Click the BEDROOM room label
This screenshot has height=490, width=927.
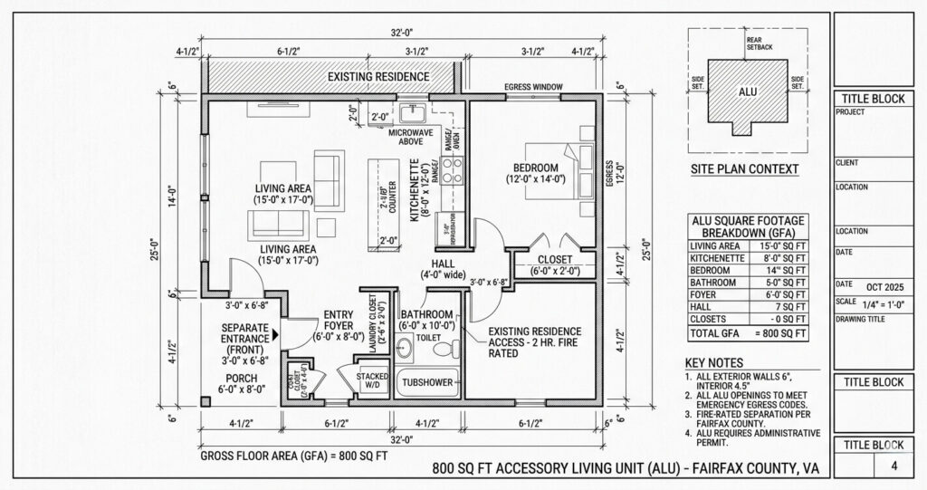tap(535, 168)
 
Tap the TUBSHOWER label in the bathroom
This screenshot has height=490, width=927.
tap(426, 382)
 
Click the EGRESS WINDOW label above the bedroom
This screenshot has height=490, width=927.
tap(534, 87)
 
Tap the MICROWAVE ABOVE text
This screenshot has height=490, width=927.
tap(412, 137)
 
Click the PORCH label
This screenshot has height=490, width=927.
tap(241, 378)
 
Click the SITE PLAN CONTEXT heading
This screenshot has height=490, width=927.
tap(744, 169)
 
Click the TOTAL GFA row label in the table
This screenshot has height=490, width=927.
tap(714, 333)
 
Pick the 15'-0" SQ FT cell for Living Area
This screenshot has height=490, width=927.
tap(783, 245)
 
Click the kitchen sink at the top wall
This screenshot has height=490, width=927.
tap(416, 113)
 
